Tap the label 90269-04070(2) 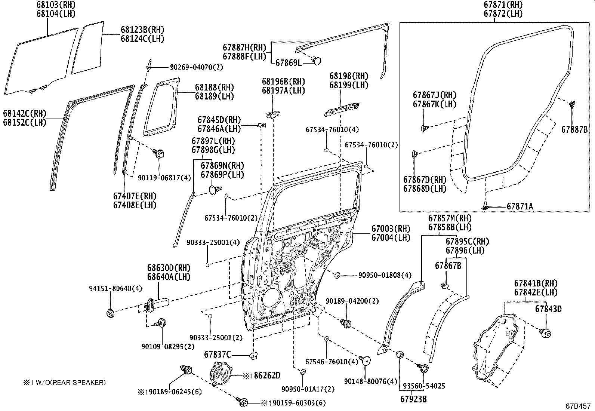[x=196, y=67]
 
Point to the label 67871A [x=520, y=206]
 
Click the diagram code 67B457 [x=578, y=406]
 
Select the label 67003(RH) [x=391, y=228]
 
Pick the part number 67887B [x=574, y=130]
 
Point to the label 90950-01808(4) [x=385, y=276]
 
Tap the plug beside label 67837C [x=254, y=354]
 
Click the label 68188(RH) [x=214, y=87]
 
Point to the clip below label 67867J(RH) [x=424, y=129]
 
